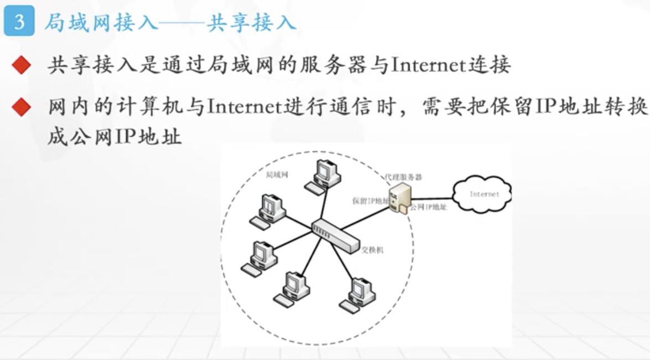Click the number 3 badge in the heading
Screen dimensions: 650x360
pos(18,23)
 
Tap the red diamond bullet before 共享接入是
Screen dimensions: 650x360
pos(20,66)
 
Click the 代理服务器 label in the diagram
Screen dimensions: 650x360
pos(403,177)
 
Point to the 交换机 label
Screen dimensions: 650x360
pos(372,250)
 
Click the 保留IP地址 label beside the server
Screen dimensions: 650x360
pos(370,201)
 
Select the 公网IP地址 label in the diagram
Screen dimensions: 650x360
pos(428,207)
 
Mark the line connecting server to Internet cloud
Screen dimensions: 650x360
pos(432,197)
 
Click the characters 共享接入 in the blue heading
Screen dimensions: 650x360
pos(251,23)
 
